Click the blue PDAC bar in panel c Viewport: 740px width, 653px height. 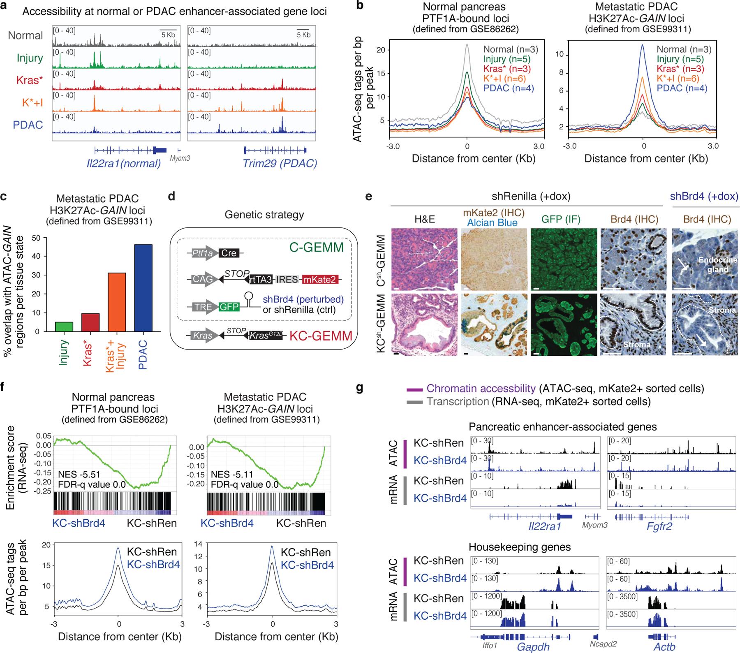143,288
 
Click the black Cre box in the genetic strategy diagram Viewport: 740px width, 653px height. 229,253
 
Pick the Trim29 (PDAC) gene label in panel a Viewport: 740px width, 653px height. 280,163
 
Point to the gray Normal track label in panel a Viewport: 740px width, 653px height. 25,35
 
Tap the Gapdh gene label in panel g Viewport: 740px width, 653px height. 533,646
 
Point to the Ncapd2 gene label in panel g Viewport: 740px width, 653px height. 604,645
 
